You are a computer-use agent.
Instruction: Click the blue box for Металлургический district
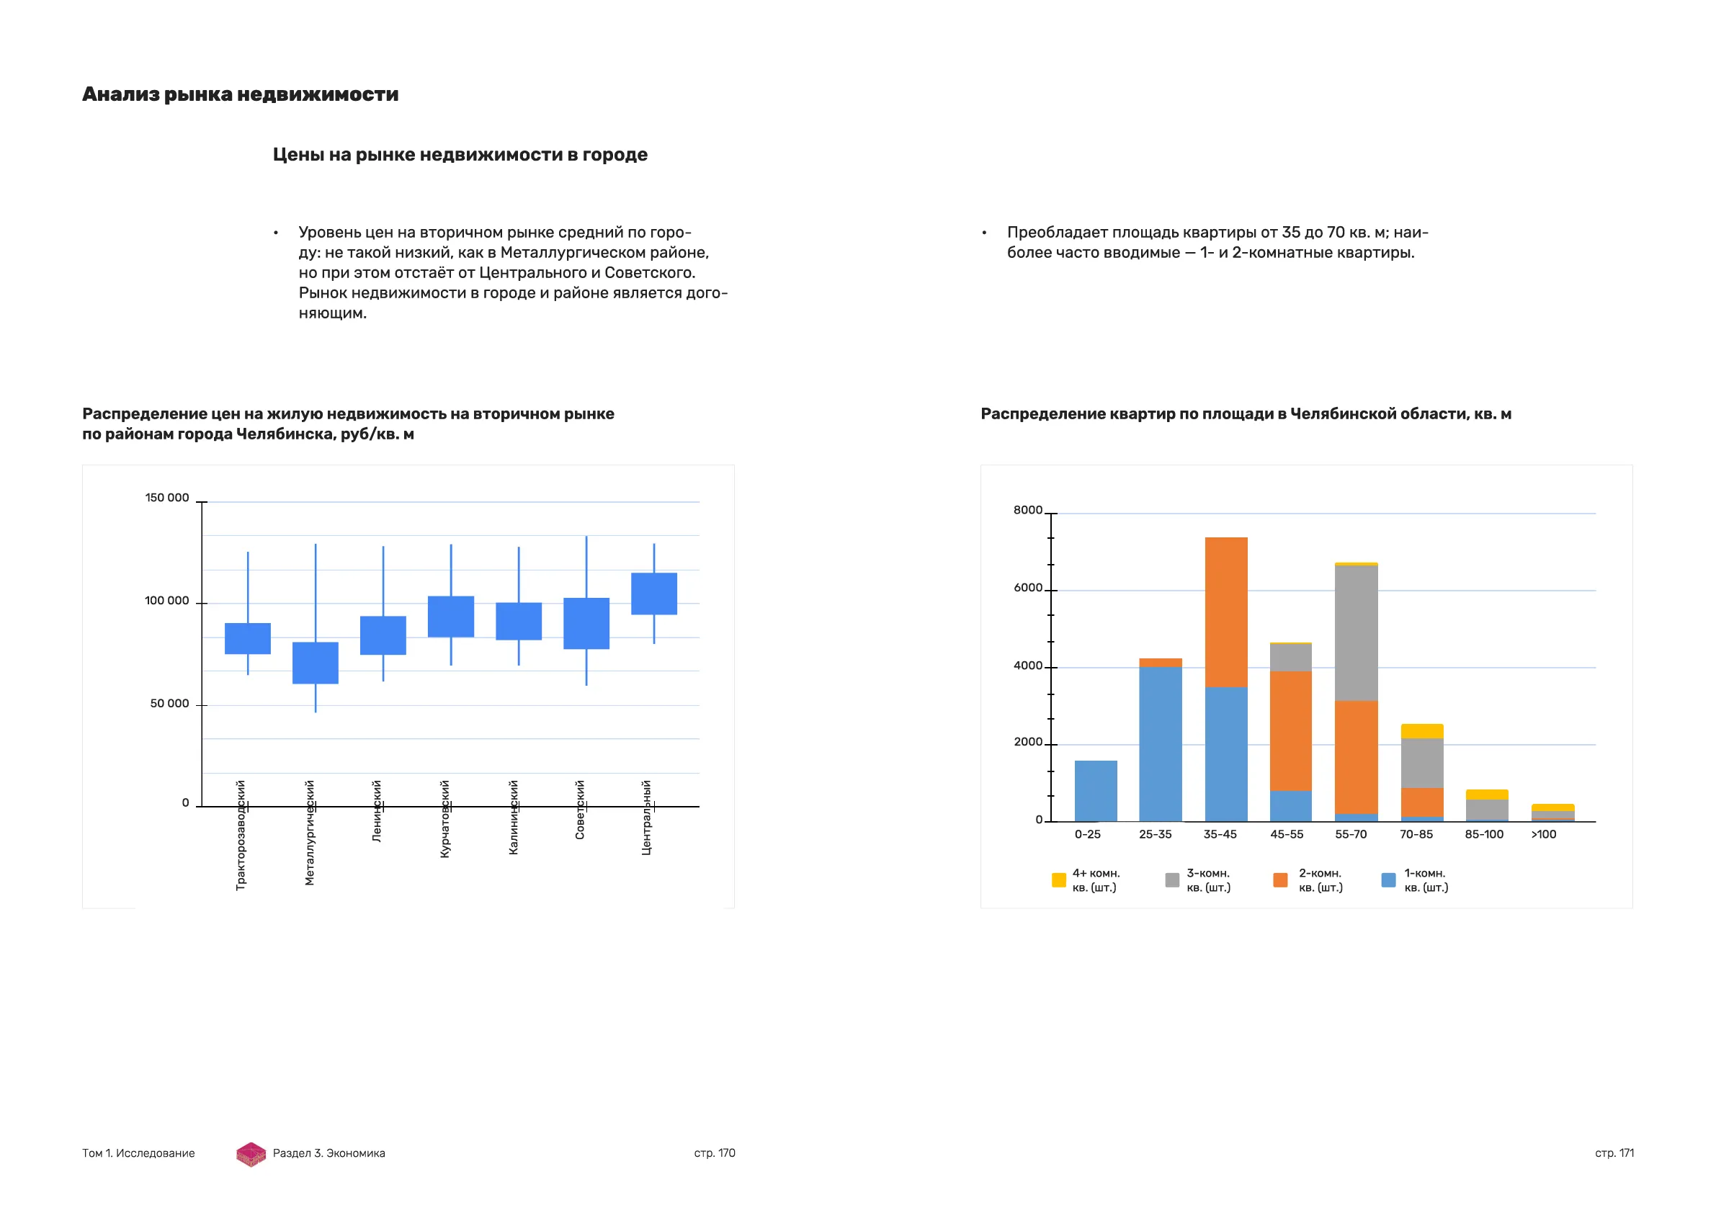click(316, 663)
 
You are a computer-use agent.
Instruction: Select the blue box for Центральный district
click(654, 594)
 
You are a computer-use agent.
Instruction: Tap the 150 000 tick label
click(166, 498)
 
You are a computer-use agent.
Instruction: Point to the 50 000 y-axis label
click(170, 704)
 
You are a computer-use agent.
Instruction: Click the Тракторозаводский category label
click(241, 835)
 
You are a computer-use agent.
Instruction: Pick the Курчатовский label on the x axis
click(444, 819)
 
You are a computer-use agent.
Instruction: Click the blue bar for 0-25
click(1096, 792)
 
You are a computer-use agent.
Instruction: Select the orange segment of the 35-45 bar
click(1225, 612)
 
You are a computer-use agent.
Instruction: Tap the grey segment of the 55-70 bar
click(1356, 633)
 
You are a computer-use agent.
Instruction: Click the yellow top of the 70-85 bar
click(1421, 731)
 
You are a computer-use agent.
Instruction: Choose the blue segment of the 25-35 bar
click(1161, 743)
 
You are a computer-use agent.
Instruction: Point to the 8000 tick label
click(1028, 511)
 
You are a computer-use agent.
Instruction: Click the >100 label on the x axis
click(1543, 835)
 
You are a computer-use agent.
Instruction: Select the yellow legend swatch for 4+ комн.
click(1058, 880)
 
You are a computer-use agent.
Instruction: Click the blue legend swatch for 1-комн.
click(1389, 880)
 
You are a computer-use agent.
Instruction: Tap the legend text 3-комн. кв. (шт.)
click(1209, 880)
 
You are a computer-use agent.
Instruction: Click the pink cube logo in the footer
click(251, 1154)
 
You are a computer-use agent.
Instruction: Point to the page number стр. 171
click(1614, 1153)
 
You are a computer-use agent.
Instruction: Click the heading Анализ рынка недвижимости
click(240, 94)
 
